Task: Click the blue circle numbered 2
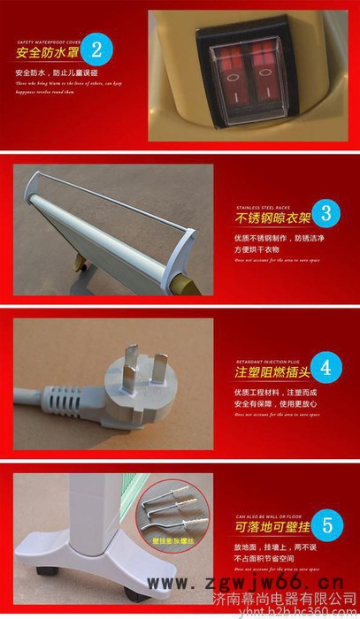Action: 102,48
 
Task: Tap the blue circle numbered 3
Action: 326,213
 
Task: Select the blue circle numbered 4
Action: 326,365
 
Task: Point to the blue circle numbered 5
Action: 326,524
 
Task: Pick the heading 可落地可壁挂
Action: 270,528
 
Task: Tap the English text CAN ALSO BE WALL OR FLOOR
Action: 270,514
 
